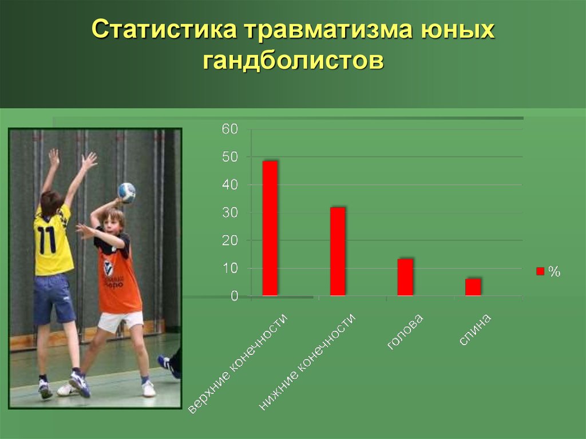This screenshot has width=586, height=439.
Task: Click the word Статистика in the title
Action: (x=164, y=29)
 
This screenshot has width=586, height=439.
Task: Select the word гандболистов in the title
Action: (x=294, y=60)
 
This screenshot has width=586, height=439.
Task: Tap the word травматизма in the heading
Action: (x=328, y=29)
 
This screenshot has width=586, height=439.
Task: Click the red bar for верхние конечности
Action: (x=270, y=228)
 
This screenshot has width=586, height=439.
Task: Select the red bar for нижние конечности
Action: (x=338, y=252)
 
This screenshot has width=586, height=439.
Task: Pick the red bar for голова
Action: (x=405, y=278)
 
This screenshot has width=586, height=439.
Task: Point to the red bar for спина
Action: (x=473, y=287)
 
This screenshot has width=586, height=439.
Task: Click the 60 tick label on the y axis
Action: (x=230, y=129)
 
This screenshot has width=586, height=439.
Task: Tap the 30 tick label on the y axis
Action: (x=230, y=213)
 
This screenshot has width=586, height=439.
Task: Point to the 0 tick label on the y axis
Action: (x=234, y=296)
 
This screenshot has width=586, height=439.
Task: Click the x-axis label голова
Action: (x=405, y=332)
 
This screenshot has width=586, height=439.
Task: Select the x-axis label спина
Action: (x=474, y=330)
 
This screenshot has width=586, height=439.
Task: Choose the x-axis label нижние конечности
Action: (x=307, y=362)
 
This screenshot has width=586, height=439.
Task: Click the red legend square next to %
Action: (x=540, y=271)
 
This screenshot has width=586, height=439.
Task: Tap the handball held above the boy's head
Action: (x=126, y=192)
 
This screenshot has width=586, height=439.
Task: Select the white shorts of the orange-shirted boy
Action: (x=120, y=321)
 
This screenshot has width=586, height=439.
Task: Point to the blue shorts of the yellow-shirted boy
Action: (x=54, y=299)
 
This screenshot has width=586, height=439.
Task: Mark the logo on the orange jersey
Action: (x=109, y=267)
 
